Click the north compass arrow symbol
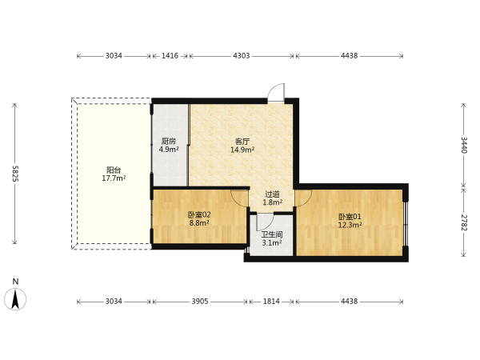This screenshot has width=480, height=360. tap(15, 298)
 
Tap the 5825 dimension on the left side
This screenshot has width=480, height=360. tap(15, 174)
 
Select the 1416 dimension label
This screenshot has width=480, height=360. tap(170, 56)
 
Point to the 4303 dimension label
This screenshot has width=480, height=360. tap(242, 56)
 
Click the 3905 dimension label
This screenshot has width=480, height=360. tap(200, 302)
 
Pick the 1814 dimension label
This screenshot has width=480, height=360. tap(271, 302)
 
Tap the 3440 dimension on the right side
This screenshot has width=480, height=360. tap(464, 145)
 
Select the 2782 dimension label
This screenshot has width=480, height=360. tap(464, 223)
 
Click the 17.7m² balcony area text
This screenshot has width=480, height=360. tap(114, 178)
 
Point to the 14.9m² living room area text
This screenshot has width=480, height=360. tap(242, 150)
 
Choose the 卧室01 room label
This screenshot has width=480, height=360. tap(350, 217)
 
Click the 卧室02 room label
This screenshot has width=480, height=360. tap(199, 214)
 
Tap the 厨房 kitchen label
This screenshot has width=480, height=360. tap(169, 142)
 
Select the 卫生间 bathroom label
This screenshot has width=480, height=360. tap(272, 234)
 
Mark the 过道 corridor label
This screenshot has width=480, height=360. tap(273, 194)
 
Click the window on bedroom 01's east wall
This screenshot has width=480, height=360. tap(406, 223)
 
